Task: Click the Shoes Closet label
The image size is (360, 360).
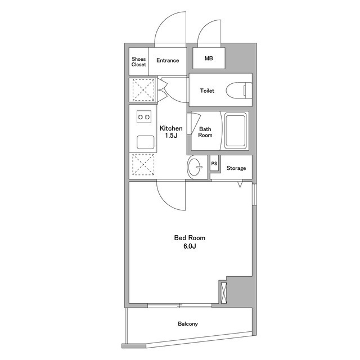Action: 139,62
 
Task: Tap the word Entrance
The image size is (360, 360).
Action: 168,60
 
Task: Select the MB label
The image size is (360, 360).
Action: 209,58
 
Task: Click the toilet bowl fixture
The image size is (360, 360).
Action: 238,90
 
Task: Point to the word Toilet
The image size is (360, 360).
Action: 207,91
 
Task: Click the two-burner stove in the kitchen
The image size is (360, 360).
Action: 144,117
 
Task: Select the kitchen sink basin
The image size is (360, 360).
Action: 145,142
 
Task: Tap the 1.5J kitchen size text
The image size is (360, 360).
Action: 171,136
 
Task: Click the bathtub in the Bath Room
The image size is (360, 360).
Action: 235,130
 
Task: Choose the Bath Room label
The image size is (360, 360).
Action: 205,132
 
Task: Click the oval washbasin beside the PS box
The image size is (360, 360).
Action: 195,167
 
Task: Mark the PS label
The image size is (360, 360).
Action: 214,164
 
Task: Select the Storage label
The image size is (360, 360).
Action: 236,168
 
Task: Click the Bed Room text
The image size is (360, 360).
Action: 190,237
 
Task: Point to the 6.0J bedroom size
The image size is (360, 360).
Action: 190,246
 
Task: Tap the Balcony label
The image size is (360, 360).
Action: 188,324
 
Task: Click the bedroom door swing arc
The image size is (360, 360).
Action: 165,201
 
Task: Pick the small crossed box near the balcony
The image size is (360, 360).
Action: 223,293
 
